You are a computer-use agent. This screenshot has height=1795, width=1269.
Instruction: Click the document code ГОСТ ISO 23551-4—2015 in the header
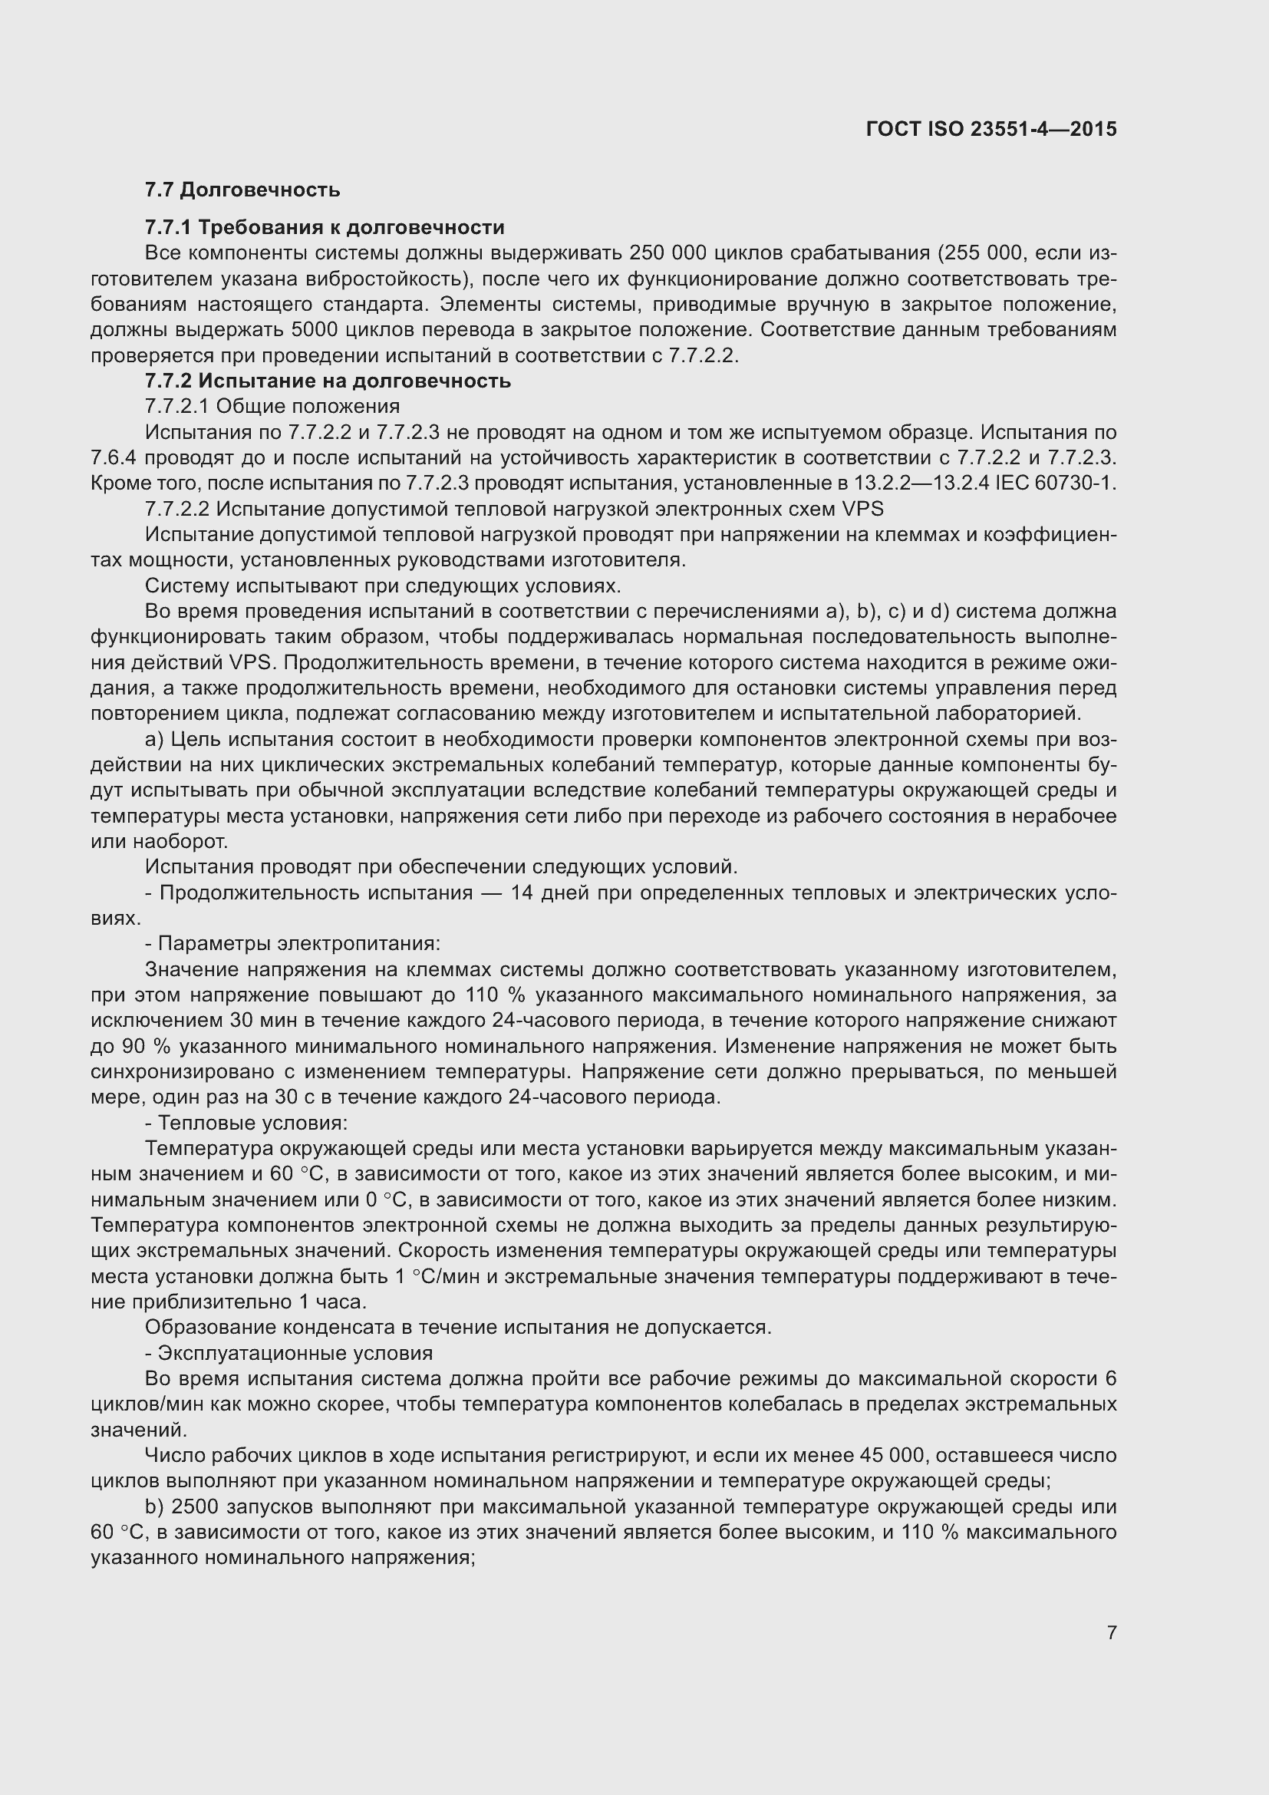[x=990, y=129]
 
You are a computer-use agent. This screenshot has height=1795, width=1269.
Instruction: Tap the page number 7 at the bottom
[x=1111, y=1632]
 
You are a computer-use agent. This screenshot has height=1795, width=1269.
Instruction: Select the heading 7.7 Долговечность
[x=242, y=190]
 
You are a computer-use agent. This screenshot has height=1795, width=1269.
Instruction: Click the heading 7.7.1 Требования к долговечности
[x=325, y=227]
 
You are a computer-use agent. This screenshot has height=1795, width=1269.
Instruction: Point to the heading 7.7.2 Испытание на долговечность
[x=328, y=381]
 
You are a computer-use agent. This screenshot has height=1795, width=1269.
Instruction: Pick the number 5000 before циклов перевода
[x=314, y=330]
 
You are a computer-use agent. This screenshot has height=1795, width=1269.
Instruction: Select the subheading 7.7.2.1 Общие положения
[x=272, y=407]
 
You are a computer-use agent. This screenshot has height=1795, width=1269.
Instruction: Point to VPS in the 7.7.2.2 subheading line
[x=862, y=509]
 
